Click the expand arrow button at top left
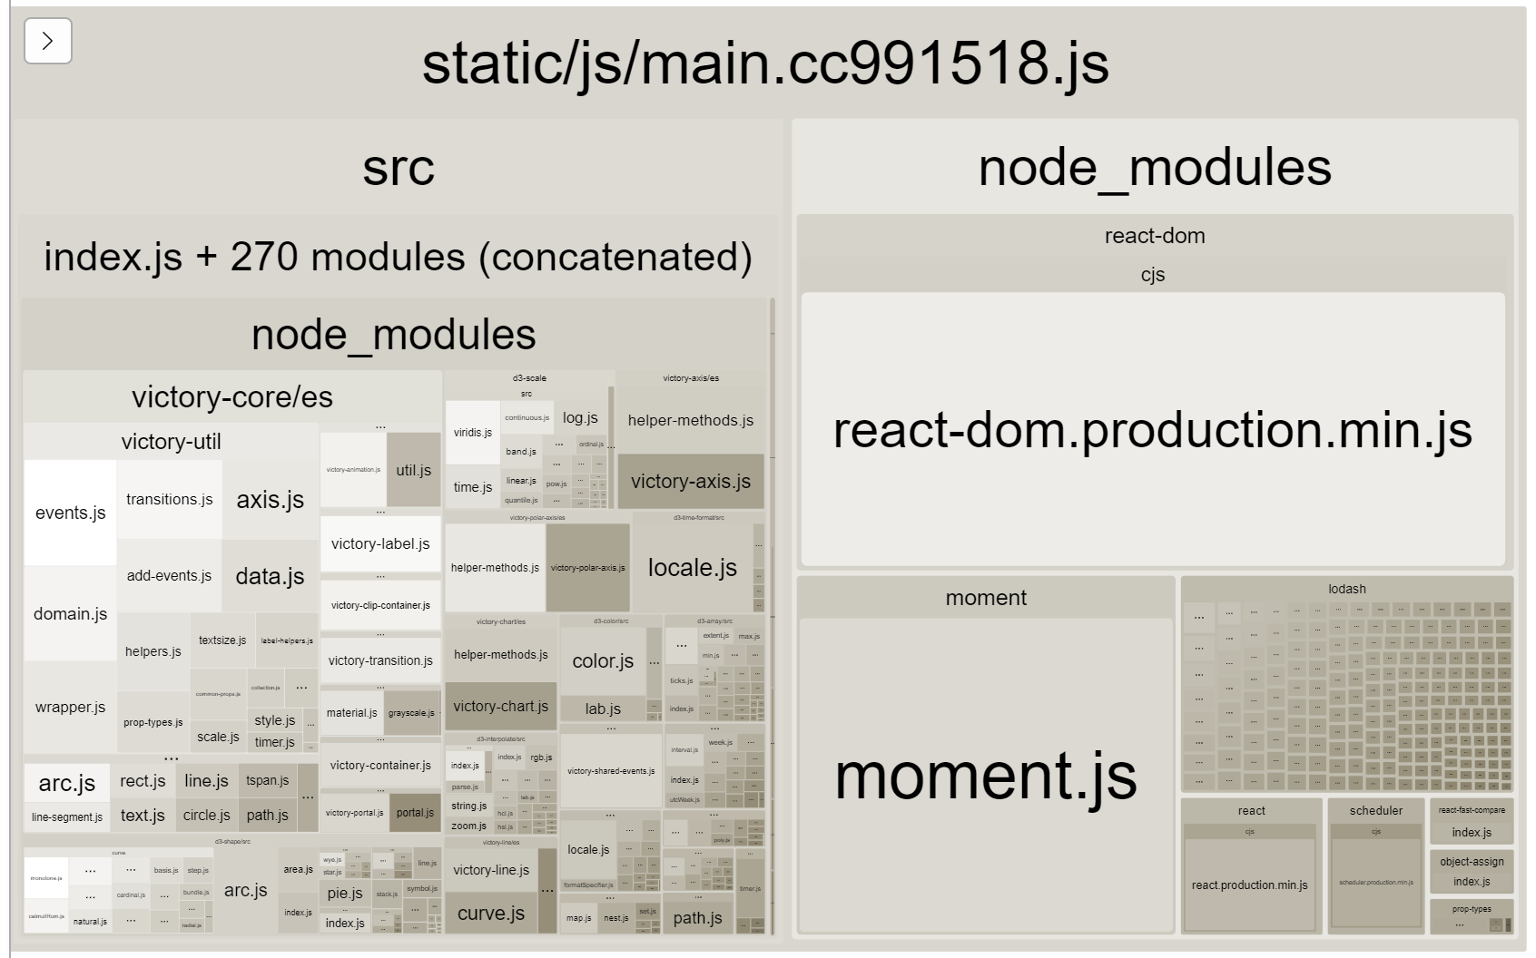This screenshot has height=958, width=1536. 48,41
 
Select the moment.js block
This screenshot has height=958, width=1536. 985,776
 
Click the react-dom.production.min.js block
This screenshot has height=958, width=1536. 1152,430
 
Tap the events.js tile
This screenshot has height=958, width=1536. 70,513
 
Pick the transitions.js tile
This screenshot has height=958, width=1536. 169,499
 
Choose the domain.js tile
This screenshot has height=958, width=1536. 70,614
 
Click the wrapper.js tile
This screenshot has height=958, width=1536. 70,707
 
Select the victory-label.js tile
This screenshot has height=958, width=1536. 380,543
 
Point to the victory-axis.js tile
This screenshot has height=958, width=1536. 691,482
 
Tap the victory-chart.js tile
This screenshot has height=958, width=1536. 500,706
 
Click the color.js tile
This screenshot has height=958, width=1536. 603,661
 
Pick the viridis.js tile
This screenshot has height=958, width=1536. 472,433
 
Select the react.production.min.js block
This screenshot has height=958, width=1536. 1249,885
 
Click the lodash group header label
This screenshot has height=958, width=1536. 1346,589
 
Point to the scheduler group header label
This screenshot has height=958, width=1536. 1375,810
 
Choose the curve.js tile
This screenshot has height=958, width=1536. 491,913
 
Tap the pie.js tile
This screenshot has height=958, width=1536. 345,893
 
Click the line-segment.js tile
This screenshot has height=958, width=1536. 67,816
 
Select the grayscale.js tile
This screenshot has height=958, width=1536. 411,713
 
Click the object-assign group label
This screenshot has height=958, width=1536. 1471,861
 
